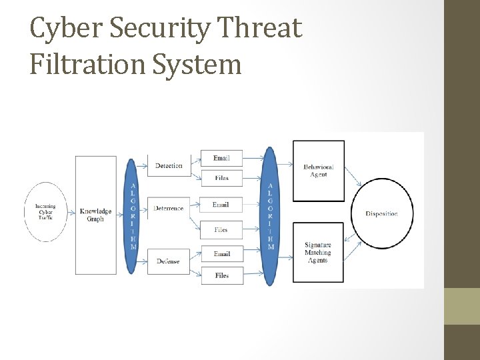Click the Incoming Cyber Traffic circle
pyautogui.click(x=45, y=211)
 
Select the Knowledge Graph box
pyautogui.click(x=95, y=215)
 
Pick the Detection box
pyautogui.click(x=168, y=165)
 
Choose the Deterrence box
pyautogui.click(x=168, y=208)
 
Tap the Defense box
pyautogui.click(x=168, y=261)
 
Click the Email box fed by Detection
pyautogui.click(x=222, y=158)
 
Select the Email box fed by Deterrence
pyautogui.click(x=222, y=205)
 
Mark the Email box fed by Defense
pyautogui.click(x=222, y=254)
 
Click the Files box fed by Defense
pyautogui.click(x=222, y=275)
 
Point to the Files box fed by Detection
pyautogui.click(x=222, y=178)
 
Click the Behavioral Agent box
pyautogui.click(x=319, y=170)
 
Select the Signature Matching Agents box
pyautogui.click(x=319, y=253)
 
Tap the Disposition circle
pyautogui.click(x=382, y=213)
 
